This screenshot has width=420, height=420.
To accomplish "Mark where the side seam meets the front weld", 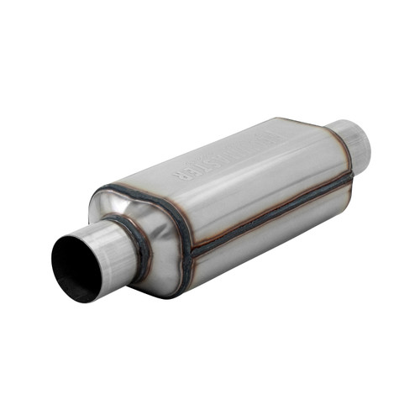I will click(188, 251).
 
